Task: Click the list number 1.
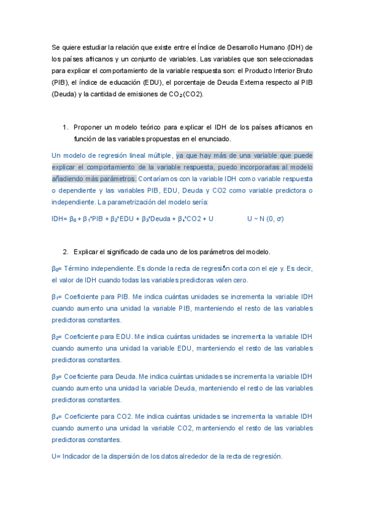pyautogui.click(x=65, y=127)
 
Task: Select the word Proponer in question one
pyautogui.click(x=88, y=127)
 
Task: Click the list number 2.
pyautogui.click(x=65, y=252)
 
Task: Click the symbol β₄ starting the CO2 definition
pyautogui.click(x=56, y=416)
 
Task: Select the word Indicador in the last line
pyautogui.click(x=77, y=456)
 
